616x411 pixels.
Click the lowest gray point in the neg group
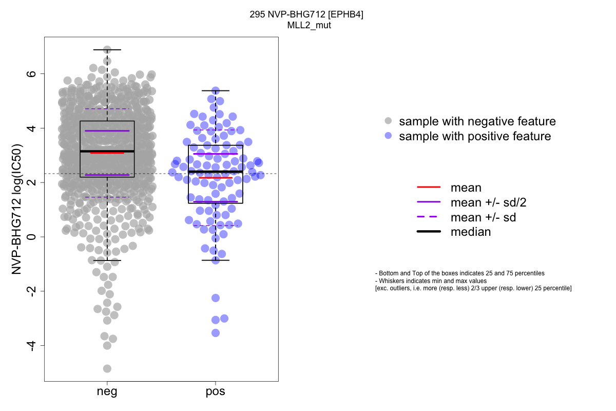coord(107,368)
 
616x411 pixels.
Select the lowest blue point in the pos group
coord(216,333)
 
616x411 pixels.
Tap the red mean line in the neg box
coord(107,153)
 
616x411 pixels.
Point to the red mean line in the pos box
coord(216,178)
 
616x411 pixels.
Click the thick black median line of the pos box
coord(216,172)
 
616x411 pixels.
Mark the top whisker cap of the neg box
coord(107,50)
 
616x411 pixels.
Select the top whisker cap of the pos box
coord(216,90)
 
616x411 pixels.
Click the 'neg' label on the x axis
coord(107,391)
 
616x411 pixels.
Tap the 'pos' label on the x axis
coord(215,391)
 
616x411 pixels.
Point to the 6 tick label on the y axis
coord(32,74)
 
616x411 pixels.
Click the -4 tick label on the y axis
coord(32,346)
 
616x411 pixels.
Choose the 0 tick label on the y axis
coord(32,237)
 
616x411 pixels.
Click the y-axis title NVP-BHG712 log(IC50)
coord(16,209)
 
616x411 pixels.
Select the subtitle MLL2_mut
coord(309,25)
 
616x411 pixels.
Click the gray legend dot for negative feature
coord(388,121)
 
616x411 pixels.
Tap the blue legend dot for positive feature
coord(388,136)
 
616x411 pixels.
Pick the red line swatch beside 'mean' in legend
coord(429,187)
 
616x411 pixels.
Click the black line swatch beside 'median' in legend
coord(429,232)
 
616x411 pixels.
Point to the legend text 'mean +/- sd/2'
coord(488,202)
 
